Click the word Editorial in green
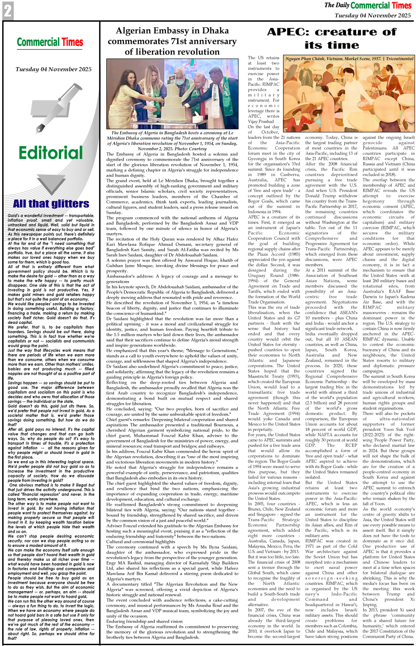(51, 153)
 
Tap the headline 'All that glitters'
(51, 204)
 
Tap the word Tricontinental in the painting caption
(400, 58)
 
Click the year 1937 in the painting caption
(376, 58)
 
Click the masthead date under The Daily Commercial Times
(373, 15)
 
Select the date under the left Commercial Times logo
(54, 69)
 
